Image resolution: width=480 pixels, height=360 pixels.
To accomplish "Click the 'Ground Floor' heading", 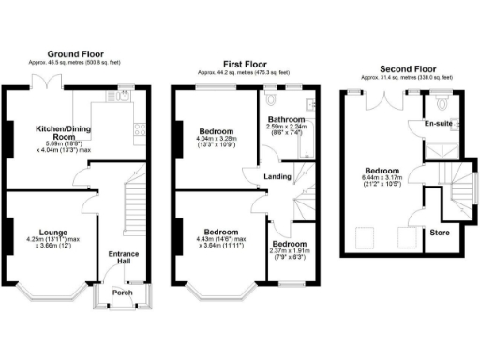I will tap(76, 54).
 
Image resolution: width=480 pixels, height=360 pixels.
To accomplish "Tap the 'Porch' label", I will tap(122, 292).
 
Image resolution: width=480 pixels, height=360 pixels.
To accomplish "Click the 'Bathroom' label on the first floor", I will tap(286, 120).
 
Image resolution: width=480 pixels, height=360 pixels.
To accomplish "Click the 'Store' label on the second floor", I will tap(439, 232).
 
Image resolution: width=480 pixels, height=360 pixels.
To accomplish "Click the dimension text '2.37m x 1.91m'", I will tap(289, 249).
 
